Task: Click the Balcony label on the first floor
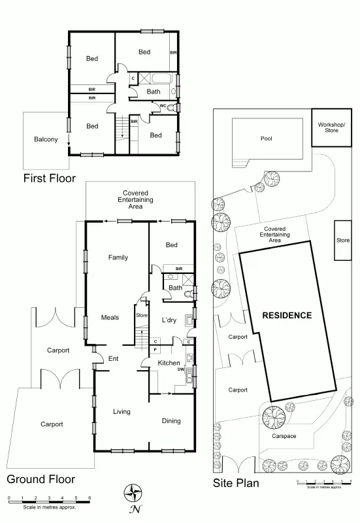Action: (x=46, y=139)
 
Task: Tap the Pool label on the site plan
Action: (x=266, y=139)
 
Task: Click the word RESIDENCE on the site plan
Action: (x=287, y=315)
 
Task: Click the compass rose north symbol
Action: (x=135, y=492)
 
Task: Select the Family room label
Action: (x=118, y=258)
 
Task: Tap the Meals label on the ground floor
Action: (x=110, y=318)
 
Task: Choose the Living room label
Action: (x=122, y=412)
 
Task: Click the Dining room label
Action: (x=171, y=421)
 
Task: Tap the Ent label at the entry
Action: (x=113, y=358)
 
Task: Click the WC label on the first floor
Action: (x=163, y=106)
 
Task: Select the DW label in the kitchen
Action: (x=180, y=369)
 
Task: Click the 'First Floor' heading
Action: (x=49, y=178)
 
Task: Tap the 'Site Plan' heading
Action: (x=236, y=484)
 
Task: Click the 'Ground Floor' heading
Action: (x=41, y=479)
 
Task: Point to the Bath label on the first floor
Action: (x=153, y=92)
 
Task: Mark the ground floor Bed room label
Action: (x=171, y=245)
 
